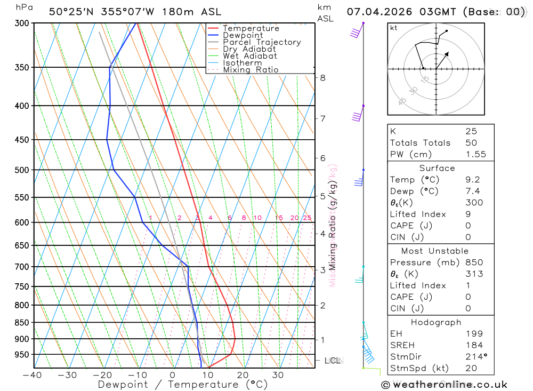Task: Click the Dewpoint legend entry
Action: pos(243,35)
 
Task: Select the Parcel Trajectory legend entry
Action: pos(261,42)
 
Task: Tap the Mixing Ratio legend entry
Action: pos(251,70)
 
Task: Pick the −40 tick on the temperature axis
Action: pos(32,375)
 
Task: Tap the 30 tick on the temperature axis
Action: pos(278,375)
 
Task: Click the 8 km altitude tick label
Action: pos(322,78)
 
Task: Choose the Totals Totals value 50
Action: pos(471,143)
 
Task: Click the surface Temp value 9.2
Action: pos(473,180)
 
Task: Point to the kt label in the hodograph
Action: pos(394,28)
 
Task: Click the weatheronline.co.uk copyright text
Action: pos(444,385)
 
